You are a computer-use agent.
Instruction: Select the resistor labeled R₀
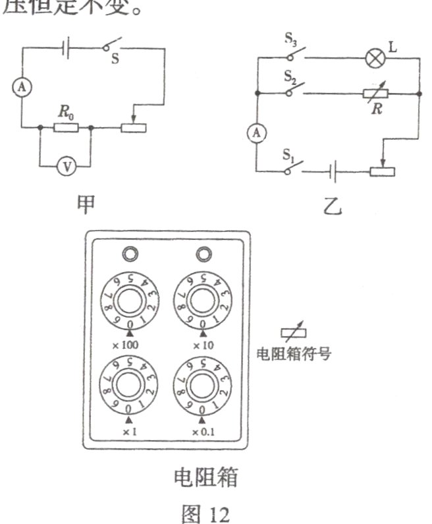click(66, 128)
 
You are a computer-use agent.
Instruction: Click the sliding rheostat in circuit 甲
click(135, 127)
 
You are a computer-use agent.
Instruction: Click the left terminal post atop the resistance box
click(128, 253)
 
